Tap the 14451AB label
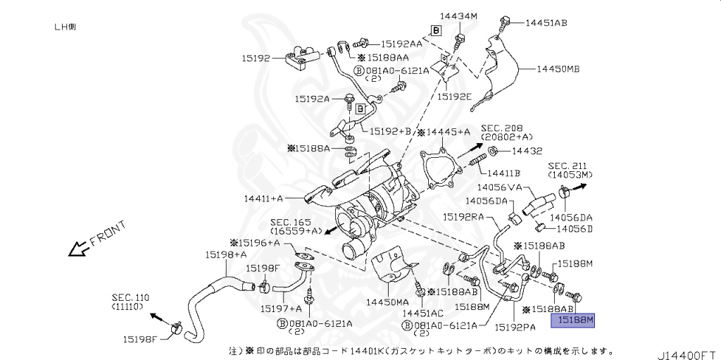(546, 23)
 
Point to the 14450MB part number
(558, 70)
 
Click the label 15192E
(453, 97)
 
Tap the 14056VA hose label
(499, 187)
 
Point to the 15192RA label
(463, 217)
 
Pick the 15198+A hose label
(226, 254)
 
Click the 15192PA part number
(515, 327)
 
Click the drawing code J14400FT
(687, 350)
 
